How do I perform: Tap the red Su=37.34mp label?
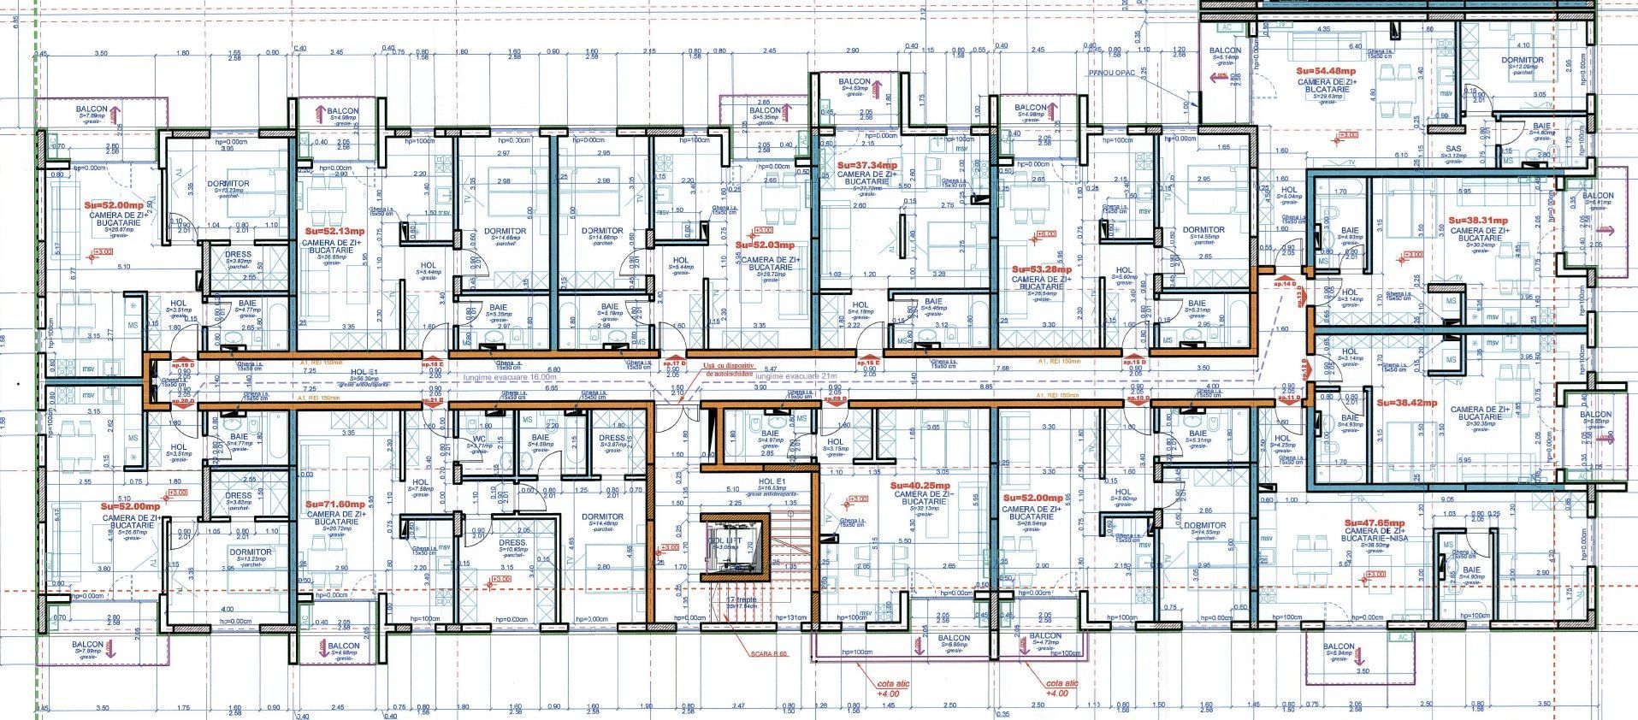[x=867, y=165]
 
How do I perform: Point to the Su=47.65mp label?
[x=1375, y=522]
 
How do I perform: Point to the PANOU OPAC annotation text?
[x=1112, y=74]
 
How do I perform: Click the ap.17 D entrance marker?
[x=676, y=363]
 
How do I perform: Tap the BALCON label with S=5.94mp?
[x=1339, y=647]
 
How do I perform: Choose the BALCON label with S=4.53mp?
[x=854, y=82]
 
